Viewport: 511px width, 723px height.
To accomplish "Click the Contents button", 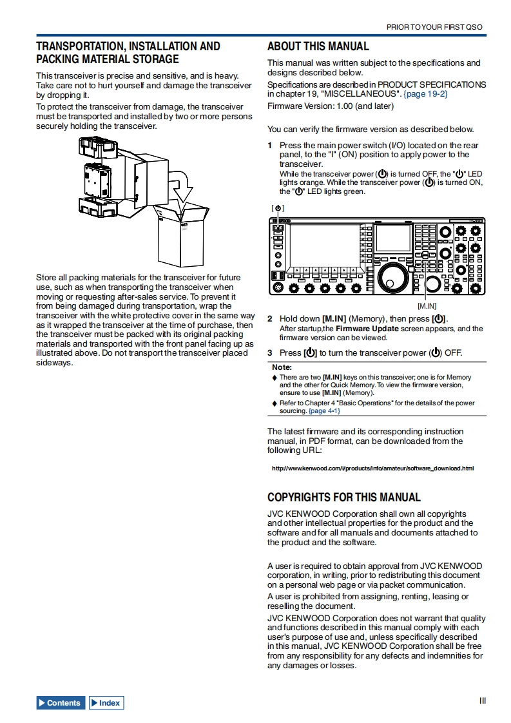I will tap(61, 703).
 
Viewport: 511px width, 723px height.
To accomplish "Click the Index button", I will tap(106, 703).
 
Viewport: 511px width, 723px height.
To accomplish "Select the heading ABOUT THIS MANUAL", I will tap(318, 46).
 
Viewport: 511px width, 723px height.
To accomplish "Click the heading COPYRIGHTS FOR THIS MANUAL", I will tap(344, 497).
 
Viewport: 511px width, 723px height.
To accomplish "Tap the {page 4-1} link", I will tap(324, 410).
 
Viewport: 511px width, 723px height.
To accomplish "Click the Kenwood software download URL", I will tap(372, 468).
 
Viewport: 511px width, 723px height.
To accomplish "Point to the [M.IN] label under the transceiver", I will tap(427, 305).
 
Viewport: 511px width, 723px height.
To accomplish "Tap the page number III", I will tap(482, 701).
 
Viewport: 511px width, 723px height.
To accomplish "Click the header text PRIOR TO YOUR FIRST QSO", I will tap(434, 28).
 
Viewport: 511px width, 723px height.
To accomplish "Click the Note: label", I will tap(282, 367).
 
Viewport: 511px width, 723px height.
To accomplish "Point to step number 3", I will tap(271, 352).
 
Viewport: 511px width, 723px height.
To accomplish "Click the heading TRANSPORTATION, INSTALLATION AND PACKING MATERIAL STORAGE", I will tap(128, 53).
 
